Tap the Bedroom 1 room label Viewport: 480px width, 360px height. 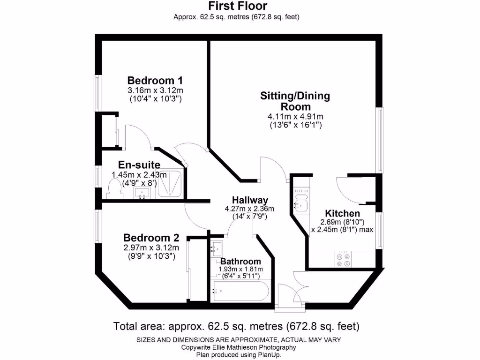click(x=155, y=80)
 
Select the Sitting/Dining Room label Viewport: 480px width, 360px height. click(x=295, y=101)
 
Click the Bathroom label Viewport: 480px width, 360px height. click(x=240, y=261)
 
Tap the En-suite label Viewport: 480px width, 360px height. click(x=139, y=165)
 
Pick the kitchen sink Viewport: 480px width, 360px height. click(x=299, y=204)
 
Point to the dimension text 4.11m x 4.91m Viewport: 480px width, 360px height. click(x=295, y=117)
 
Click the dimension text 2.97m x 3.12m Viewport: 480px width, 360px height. click(x=149, y=247)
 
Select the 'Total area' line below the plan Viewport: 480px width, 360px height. click(x=237, y=325)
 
